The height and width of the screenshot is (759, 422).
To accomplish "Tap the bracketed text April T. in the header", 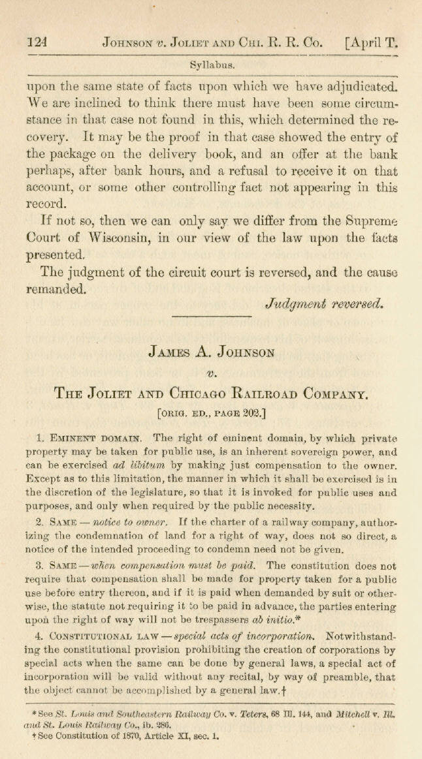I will [x=370, y=44].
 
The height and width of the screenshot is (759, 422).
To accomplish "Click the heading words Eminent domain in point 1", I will [x=92, y=439].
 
